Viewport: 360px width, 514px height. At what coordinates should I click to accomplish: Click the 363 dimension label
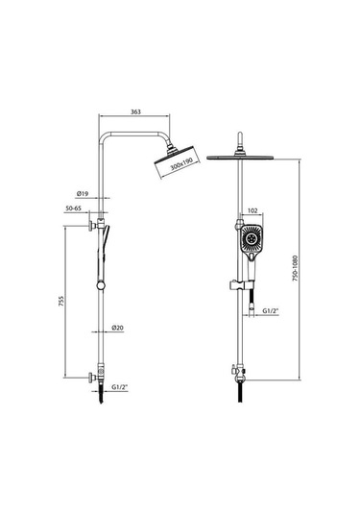[x=135, y=111]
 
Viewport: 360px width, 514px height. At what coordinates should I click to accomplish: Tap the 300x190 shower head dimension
[x=180, y=164]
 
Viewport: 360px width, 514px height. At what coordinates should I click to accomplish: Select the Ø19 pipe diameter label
[x=83, y=194]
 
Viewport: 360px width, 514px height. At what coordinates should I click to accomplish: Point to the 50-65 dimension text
[x=73, y=208]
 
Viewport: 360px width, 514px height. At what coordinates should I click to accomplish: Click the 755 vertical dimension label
[x=60, y=301]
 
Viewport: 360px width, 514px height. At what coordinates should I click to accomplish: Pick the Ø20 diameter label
[x=117, y=328]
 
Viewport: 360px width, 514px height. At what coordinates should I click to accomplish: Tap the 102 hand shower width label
[x=253, y=210]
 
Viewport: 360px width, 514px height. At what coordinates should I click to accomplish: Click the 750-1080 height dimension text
[x=295, y=268]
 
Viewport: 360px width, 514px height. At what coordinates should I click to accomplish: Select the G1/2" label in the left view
[x=119, y=387]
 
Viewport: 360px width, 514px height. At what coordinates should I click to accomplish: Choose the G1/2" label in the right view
[x=271, y=310]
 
